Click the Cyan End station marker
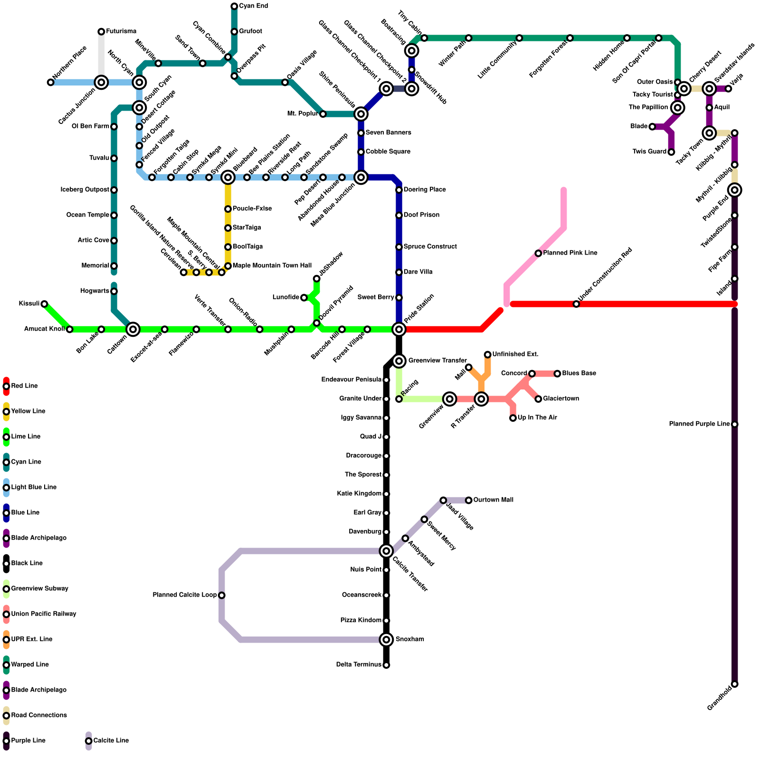234,6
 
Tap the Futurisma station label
121,31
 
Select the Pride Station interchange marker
399,329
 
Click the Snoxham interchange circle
387,640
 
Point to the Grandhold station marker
735,684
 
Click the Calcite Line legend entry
111,741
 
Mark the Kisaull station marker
44,304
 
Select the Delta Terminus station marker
387,665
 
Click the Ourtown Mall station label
494,500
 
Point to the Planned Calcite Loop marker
222,595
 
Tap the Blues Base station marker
557,374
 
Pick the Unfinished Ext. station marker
488,355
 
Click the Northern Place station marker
51,83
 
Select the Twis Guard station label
649,152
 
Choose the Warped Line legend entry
29,665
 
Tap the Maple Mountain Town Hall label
272,266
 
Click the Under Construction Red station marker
576,304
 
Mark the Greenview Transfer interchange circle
399,361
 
